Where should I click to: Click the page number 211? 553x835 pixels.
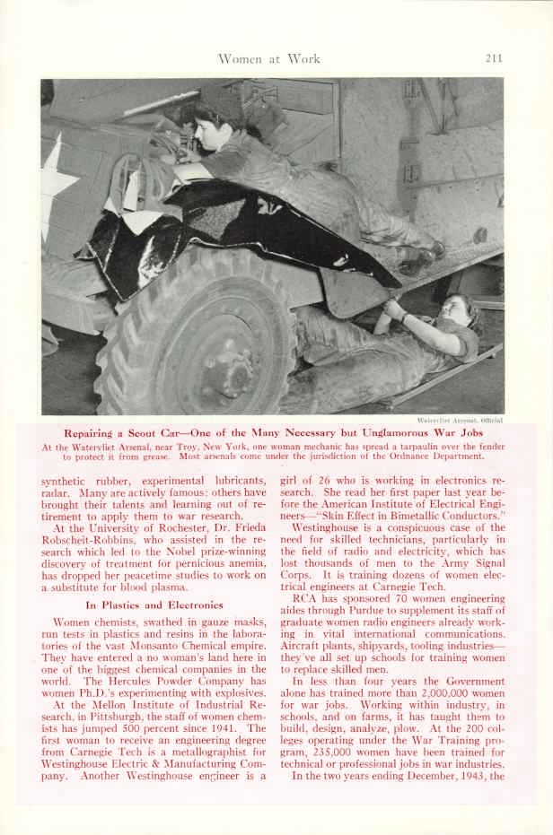[x=492, y=59]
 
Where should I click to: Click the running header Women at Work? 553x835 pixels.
[x=268, y=59]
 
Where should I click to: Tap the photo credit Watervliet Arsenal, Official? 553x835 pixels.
[x=460, y=419]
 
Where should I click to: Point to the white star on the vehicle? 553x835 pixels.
[x=56, y=184]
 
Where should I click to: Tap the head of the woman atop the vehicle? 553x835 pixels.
[x=213, y=112]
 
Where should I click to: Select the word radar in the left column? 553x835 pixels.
[x=56, y=491]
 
